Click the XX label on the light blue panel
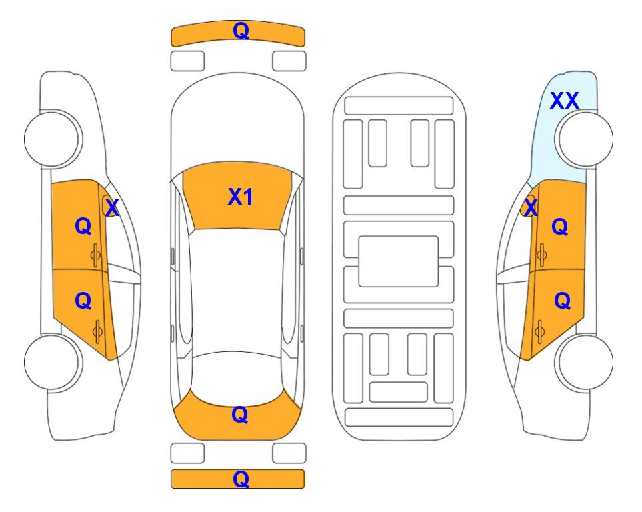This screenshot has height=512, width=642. [564, 101]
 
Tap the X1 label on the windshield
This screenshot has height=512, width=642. [241, 197]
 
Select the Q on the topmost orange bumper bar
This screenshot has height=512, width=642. [241, 31]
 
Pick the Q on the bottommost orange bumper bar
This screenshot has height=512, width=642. [241, 479]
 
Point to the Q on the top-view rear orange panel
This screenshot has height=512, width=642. [240, 415]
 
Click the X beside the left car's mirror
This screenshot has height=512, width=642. [112, 208]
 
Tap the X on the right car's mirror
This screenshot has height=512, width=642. [531, 208]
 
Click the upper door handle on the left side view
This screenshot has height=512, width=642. [96, 255]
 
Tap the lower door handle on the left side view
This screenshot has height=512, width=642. [97, 331]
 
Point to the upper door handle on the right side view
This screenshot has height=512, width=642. [542, 255]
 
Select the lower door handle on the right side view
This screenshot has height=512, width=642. [539, 331]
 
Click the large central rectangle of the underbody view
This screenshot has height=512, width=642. [399, 261]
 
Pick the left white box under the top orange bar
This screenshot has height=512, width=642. [187, 61]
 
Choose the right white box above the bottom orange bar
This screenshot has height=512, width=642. [289, 453]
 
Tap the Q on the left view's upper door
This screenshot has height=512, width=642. [83, 226]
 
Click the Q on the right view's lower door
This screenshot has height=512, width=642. [562, 301]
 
